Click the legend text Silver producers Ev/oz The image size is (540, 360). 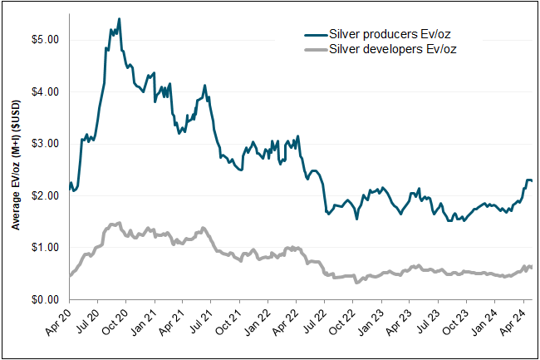(x=393, y=35)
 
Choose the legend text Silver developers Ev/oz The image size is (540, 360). (x=394, y=49)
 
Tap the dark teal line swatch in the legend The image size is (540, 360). (x=316, y=35)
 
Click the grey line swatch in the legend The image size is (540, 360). (x=316, y=49)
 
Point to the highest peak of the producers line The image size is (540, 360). (x=119, y=19)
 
